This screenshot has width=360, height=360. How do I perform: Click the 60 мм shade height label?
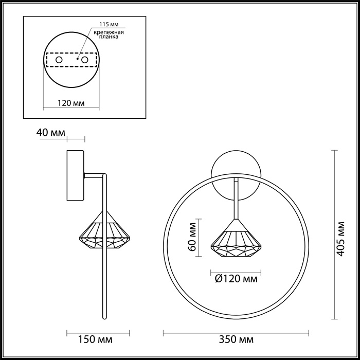coord(192,237)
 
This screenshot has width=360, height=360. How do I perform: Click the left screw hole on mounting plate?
coord(59,60)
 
